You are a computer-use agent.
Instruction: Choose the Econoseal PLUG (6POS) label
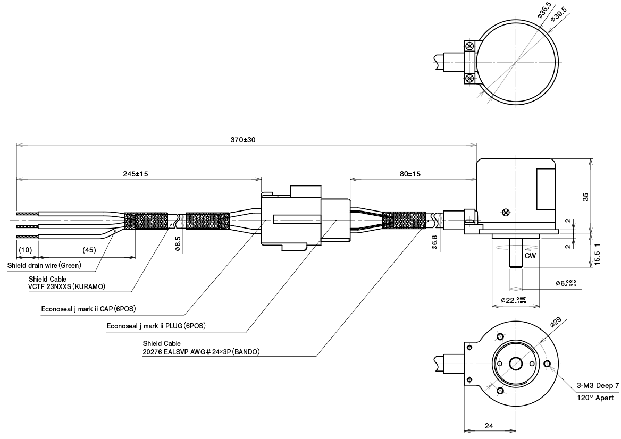pyautogui.click(x=156, y=325)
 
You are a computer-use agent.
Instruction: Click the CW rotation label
pyautogui.click(x=530, y=256)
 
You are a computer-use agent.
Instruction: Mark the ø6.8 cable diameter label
pyautogui.click(x=434, y=243)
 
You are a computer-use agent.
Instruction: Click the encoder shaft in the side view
pyautogui.click(x=515, y=253)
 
